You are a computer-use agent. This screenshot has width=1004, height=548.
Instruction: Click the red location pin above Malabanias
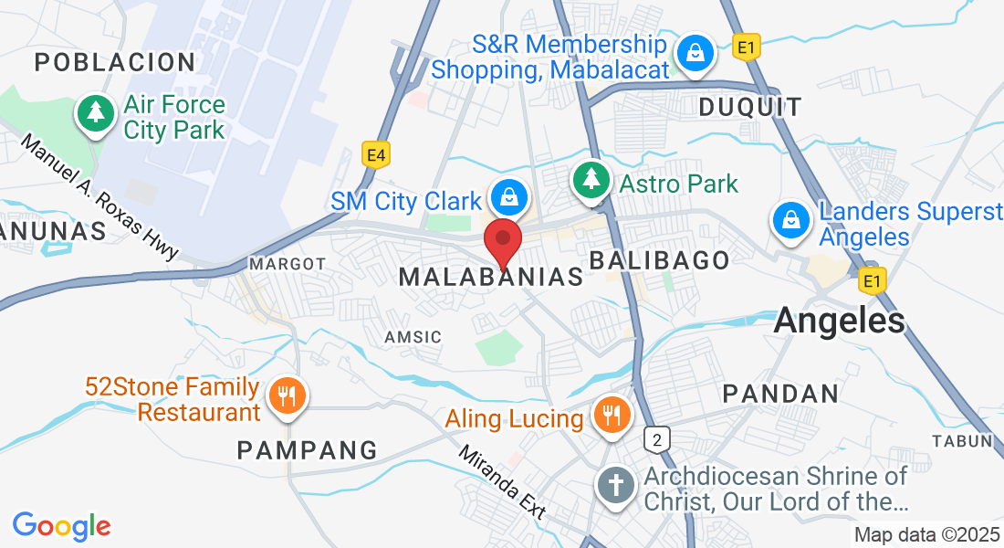pos(502,241)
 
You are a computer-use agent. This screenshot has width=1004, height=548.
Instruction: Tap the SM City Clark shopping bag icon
pos(505,196)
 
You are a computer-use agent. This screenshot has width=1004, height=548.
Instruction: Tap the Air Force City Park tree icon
pos(95,113)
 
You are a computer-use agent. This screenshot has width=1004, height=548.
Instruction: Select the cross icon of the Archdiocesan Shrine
pos(616,484)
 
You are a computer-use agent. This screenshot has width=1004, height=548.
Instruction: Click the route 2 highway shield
pos(656,440)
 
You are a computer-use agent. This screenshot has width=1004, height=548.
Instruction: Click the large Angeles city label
pos(839,321)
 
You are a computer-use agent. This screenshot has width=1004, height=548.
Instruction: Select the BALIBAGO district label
pos(660,260)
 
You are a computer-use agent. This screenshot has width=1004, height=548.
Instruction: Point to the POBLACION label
pos(115,62)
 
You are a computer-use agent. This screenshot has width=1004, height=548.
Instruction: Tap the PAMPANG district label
pos(307,450)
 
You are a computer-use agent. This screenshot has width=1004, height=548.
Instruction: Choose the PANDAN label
pos(780,394)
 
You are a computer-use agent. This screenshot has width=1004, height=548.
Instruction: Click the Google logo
pos(61,526)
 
